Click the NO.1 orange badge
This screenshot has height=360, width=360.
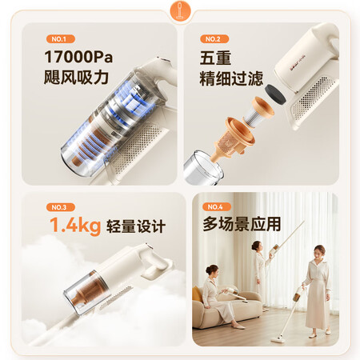point(60,39)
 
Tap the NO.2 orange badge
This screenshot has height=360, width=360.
point(214,39)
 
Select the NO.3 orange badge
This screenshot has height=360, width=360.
point(60,207)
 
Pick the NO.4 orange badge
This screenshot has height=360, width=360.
point(217,206)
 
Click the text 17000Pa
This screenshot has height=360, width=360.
point(78,57)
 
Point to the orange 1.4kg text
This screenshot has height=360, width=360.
point(75,226)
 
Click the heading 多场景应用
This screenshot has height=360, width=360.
point(242,223)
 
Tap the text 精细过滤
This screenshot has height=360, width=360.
point(231,78)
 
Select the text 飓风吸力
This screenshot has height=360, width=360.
point(76,77)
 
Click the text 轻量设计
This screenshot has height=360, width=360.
point(136,226)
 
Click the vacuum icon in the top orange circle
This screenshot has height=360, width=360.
point(181,10)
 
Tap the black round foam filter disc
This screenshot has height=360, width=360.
point(275,94)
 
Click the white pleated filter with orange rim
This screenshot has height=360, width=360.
point(258,112)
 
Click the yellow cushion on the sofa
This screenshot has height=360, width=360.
point(197,295)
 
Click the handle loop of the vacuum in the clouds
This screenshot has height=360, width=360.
point(155,265)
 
